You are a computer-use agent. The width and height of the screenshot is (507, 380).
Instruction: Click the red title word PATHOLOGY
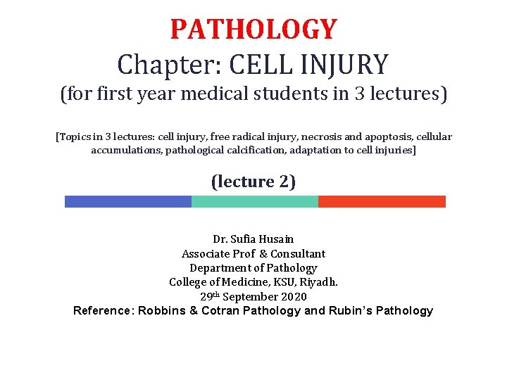(x=254, y=30)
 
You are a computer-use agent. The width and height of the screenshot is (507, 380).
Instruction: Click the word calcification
(x=264, y=151)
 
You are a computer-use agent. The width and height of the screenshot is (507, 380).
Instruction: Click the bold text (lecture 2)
(x=254, y=182)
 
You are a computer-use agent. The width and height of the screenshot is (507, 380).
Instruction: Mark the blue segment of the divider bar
(x=127, y=202)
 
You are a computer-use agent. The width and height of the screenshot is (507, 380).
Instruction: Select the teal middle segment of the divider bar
(x=254, y=202)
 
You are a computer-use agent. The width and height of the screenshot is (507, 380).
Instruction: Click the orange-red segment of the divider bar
(x=382, y=202)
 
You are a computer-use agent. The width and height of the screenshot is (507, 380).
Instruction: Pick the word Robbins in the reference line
(x=163, y=311)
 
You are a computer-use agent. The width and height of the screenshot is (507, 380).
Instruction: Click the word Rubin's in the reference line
(x=352, y=311)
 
